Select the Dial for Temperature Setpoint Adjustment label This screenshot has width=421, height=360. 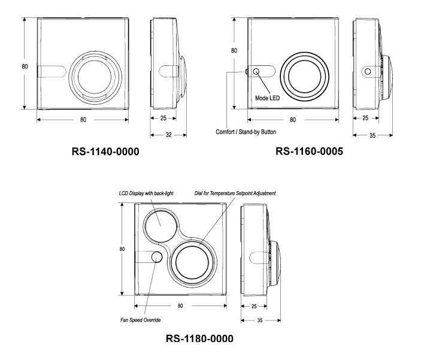tap(237, 193)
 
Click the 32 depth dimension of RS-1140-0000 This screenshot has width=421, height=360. tap(168, 135)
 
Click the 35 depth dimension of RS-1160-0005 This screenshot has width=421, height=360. tap(372, 135)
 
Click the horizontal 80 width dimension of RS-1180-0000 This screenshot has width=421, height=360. tap(180, 305)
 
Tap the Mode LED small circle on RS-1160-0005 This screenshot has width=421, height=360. tap(257, 71)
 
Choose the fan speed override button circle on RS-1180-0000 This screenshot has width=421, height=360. tap(156, 258)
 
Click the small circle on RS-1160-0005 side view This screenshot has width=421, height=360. tap(368, 71)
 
